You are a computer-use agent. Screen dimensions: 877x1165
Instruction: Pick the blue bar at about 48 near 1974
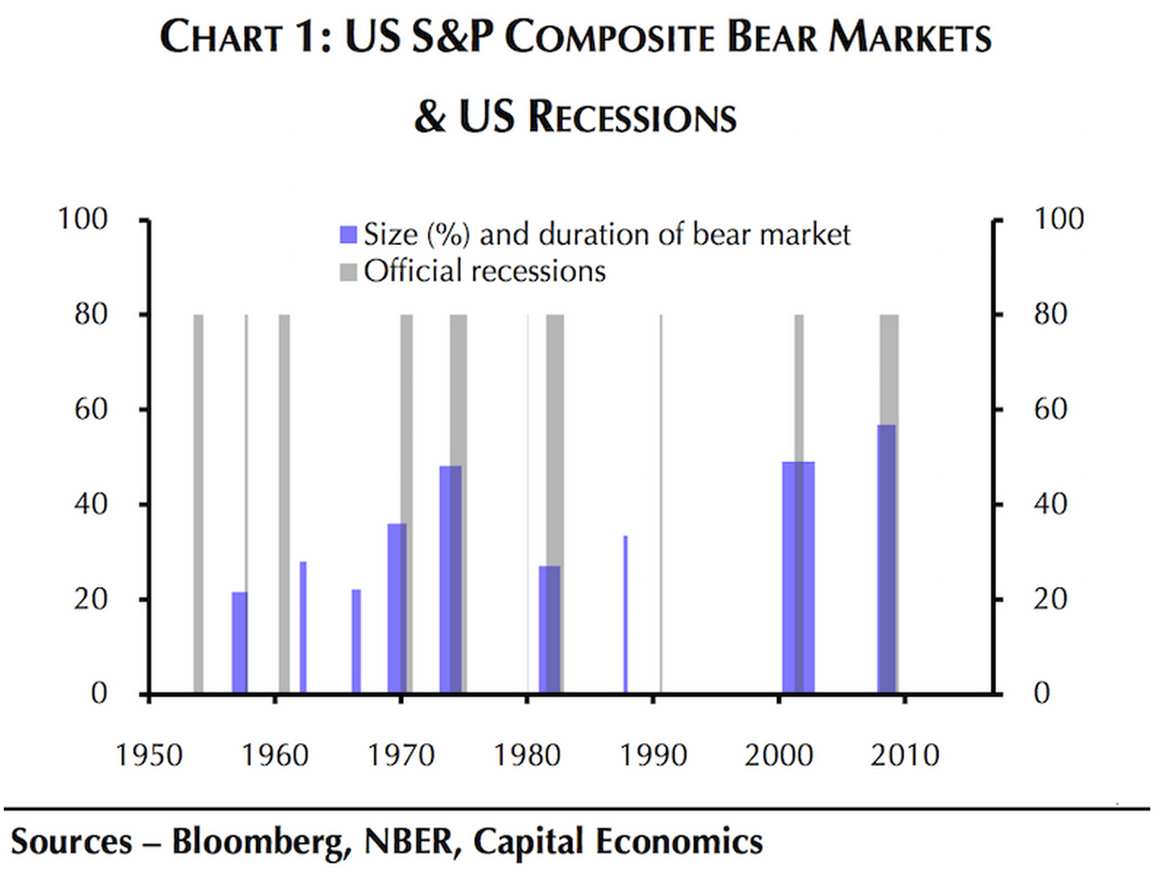coord(451,580)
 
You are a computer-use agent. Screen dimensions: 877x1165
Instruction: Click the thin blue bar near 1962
coord(303,627)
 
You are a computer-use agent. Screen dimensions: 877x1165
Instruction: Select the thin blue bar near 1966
coord(356,641)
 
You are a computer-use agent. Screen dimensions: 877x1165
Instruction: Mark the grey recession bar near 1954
coord(198,505)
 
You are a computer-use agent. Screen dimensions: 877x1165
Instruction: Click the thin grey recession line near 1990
coord(661,505)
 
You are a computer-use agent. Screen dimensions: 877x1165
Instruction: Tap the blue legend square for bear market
coord(349,234)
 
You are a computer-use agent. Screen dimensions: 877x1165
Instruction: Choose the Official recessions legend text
coord(485,271)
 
